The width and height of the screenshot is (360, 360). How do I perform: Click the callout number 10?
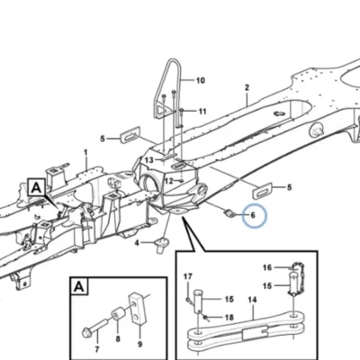click(x=201, y=80)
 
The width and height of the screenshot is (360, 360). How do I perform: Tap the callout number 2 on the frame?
click(x=247, y=87)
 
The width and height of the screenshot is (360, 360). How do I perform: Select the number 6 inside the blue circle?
click(x=253, y=215)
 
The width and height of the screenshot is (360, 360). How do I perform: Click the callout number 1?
click(x=85, y=152)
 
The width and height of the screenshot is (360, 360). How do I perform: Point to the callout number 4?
click(x=137, y=243)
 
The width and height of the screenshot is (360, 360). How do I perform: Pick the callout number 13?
click(x=149, y=160)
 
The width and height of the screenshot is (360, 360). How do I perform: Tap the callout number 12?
click(x=169, y=181)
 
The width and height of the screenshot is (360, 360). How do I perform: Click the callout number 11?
click(x=202, y=112)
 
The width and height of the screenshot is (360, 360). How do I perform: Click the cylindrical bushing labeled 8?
click(x=118, y=314)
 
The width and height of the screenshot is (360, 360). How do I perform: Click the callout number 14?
click(x=252, y=300)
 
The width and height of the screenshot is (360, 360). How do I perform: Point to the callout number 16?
click(x=267, y=267)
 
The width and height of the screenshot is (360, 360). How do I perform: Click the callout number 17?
click(x=188, y=276)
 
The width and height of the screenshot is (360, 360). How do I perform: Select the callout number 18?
click(x=229, y=318)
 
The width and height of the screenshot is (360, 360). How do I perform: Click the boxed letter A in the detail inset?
click(x=79, y=287)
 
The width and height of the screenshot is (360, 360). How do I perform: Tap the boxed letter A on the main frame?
click(x=36, y=188)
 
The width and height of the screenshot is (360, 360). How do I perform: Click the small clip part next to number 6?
click(x=229, y=213)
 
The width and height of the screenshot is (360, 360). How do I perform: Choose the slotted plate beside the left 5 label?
click(x=130, y=134)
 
